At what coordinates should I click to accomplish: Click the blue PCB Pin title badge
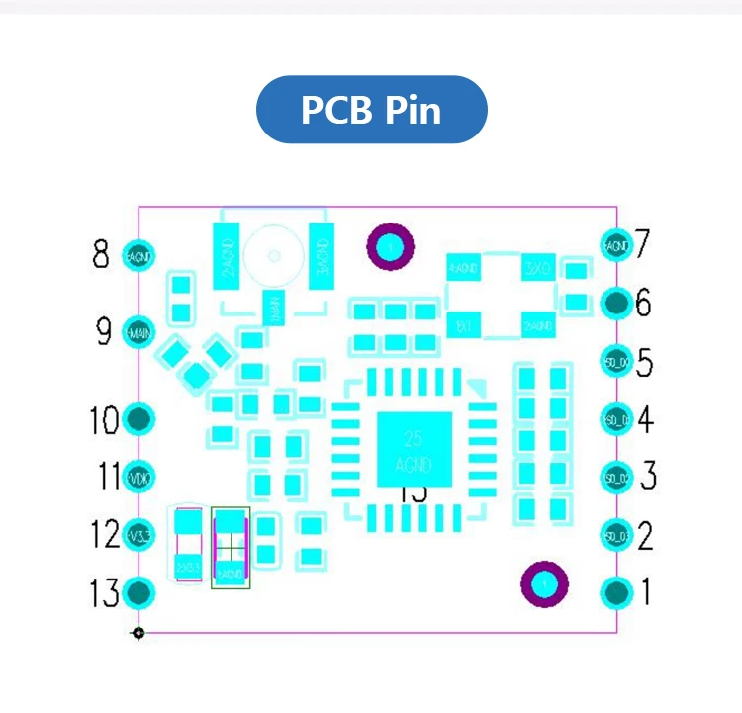[x=371, y=109]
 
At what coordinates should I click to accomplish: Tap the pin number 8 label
[x=101, y=256]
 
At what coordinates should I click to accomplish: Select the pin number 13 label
[x=105, y=593]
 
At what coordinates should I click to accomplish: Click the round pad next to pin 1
[x=616, y=592]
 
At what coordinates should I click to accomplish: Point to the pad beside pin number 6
[x=616, y=302]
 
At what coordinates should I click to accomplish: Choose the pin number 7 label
[x=642, y=243]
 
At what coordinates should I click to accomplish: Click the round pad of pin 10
[x=139, y=419]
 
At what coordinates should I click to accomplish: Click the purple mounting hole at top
[x=390, y=245]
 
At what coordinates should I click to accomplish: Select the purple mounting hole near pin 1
[x=544, y=584]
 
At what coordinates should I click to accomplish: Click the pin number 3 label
[x=648, y=477]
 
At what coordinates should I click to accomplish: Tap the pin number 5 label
[x=644, y=363]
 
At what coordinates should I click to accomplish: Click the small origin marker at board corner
[x=139, y=632]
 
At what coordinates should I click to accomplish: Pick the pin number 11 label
[x=109, y=477]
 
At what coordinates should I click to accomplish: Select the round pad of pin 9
[x=139, y=332]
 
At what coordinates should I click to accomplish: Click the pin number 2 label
[x=645, y=536]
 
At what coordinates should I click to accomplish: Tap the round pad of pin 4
[x=616, y=419]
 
